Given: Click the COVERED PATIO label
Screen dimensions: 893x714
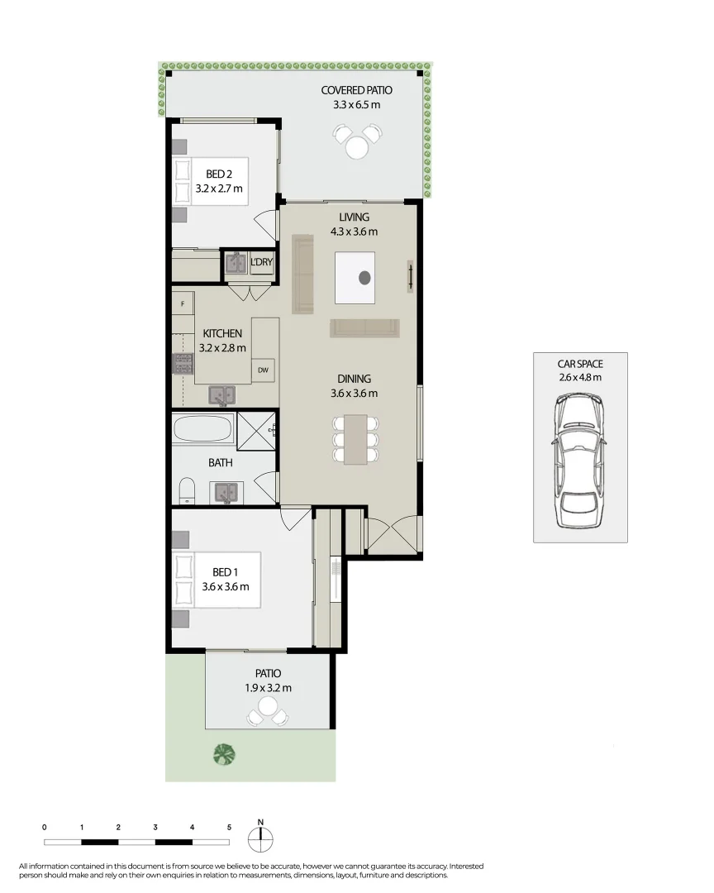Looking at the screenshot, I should [357, 90].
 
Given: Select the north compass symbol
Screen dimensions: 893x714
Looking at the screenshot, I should [260, 838].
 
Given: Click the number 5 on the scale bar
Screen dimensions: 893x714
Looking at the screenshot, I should [229, 827].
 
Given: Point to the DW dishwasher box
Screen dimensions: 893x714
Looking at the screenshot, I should [264, 370].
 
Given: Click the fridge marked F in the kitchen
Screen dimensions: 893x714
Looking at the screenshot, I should [182, 304].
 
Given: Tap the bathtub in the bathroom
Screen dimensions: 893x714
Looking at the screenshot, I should [203, 430].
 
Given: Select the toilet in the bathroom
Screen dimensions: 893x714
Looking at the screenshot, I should [187, 489].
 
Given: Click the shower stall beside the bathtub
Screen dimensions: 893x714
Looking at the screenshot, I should [255, 430].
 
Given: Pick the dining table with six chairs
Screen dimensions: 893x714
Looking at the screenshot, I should [355, 439].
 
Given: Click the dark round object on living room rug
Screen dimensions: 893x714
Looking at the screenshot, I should [364, 278].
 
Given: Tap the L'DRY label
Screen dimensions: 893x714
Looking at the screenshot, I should [261, 263].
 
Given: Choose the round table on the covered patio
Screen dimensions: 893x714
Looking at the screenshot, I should [357, 146].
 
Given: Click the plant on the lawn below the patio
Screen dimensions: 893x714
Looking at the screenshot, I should [225, 753].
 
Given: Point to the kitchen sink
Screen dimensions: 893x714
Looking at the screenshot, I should [221, 395].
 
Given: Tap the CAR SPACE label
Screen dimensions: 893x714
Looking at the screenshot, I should [579, 363].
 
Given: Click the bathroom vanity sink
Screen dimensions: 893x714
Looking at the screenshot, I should [226, 493].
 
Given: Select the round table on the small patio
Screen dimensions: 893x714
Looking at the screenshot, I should [267, 707].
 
